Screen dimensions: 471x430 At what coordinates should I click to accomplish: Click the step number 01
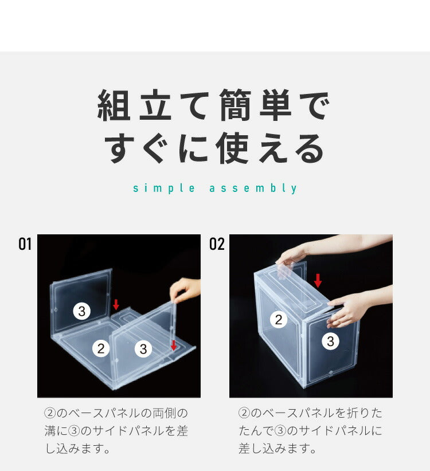(x=25, y=245)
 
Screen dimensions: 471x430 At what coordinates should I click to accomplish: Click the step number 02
(x=217, y=245)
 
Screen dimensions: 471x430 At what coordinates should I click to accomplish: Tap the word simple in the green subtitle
(x=157, y=189)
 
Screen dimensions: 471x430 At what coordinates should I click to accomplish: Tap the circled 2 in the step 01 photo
(x=101, y=348)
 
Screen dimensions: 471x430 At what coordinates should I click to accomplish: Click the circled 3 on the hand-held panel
(x=143, y=348)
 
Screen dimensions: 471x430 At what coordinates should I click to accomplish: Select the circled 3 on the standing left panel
(x=82, y=311)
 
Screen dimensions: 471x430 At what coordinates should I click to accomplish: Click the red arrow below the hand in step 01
(x=173, y=345)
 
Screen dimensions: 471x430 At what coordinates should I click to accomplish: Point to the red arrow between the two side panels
(x=116, y=304)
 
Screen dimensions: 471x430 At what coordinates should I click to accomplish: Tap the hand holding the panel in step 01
(x=185, y=288)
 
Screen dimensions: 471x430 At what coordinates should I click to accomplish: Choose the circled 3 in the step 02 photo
(x=330, y=342)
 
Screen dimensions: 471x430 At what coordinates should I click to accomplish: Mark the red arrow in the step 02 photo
(x=318, y=280)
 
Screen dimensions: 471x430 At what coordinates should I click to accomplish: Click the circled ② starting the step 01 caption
(x=50, y=413)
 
